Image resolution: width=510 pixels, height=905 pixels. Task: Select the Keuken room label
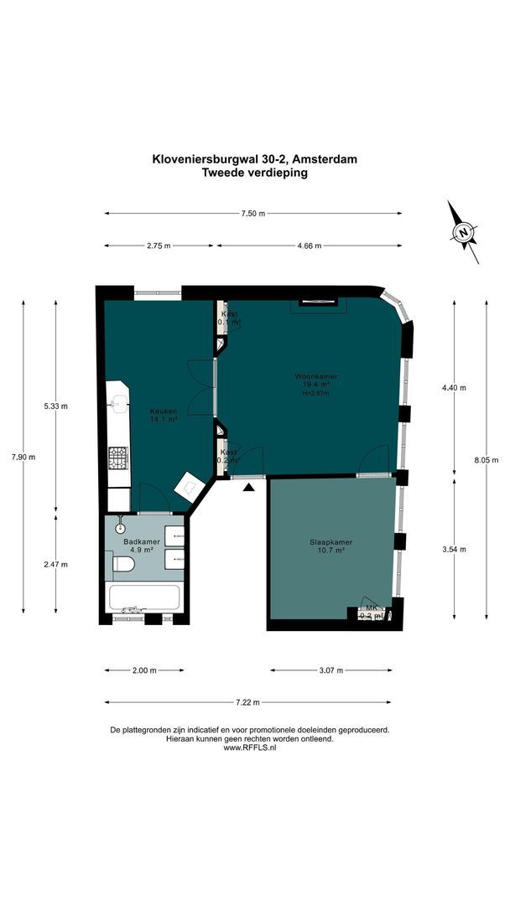coord(162,411)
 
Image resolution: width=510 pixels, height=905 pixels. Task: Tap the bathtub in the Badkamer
coord(144,598)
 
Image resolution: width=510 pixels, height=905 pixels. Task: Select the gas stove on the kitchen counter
coord(118,457)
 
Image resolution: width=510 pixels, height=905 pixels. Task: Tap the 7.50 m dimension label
coord(252,214)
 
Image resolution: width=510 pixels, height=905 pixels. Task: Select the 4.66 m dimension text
coord(310,246)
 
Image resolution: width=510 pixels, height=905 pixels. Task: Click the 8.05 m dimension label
coord(487,459)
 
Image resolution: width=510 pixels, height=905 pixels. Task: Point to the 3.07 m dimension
coord(330,670)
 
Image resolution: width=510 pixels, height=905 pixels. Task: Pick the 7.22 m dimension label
coord(247,702)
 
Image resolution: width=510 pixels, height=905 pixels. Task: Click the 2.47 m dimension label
coord(55,566)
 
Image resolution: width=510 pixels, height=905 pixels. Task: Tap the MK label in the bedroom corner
coord(370,608)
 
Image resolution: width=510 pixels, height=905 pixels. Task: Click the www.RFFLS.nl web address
coord(249,747)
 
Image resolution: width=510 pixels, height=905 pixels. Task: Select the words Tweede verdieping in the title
coord(255,173)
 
